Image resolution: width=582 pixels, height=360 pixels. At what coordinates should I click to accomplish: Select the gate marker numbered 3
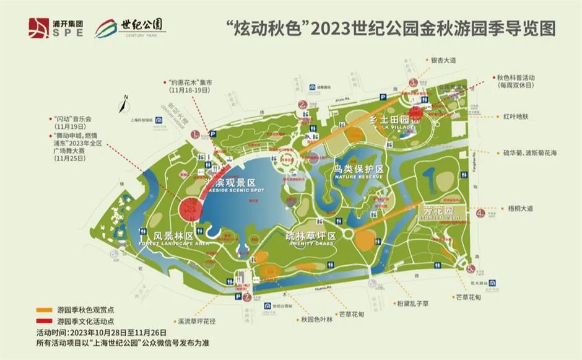(412, 82)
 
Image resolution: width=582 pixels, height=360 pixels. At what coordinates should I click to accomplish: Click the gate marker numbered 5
(471, 268)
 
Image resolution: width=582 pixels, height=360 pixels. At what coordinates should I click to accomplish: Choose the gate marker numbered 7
(246, 297)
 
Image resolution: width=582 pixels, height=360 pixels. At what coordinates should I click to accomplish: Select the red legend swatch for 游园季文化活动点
(44, 322)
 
